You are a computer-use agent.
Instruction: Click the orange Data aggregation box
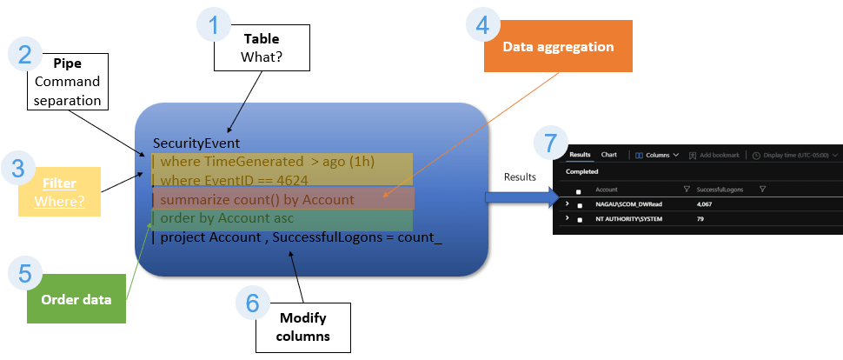(557, 47)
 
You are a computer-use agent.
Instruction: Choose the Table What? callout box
(262, 48)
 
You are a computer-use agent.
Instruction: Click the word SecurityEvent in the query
(196, 143)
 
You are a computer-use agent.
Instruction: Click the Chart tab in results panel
(609, 155)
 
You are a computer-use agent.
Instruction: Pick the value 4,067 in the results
(708, 203)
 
